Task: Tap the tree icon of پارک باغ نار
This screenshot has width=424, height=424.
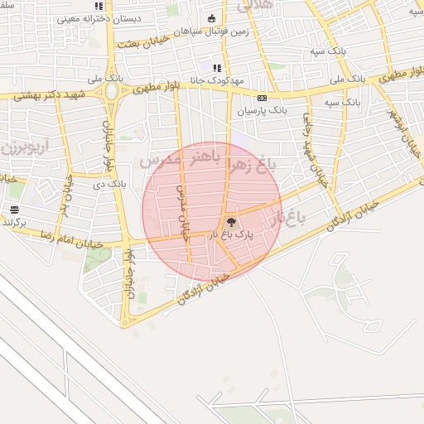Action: click(x=230, y=221)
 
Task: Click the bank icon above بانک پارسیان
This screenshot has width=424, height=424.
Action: click(x=263, y=97)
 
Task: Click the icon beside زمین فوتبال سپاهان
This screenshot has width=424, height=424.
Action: click(x=211, y=18)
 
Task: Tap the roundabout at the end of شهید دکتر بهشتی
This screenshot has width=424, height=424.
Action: click(x=111, y=92)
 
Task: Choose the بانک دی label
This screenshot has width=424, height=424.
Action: click(x=110, y=183)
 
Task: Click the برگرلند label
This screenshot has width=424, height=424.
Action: click(x=14, y=222)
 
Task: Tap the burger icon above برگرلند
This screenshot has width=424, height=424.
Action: click(x=14, y=210)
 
